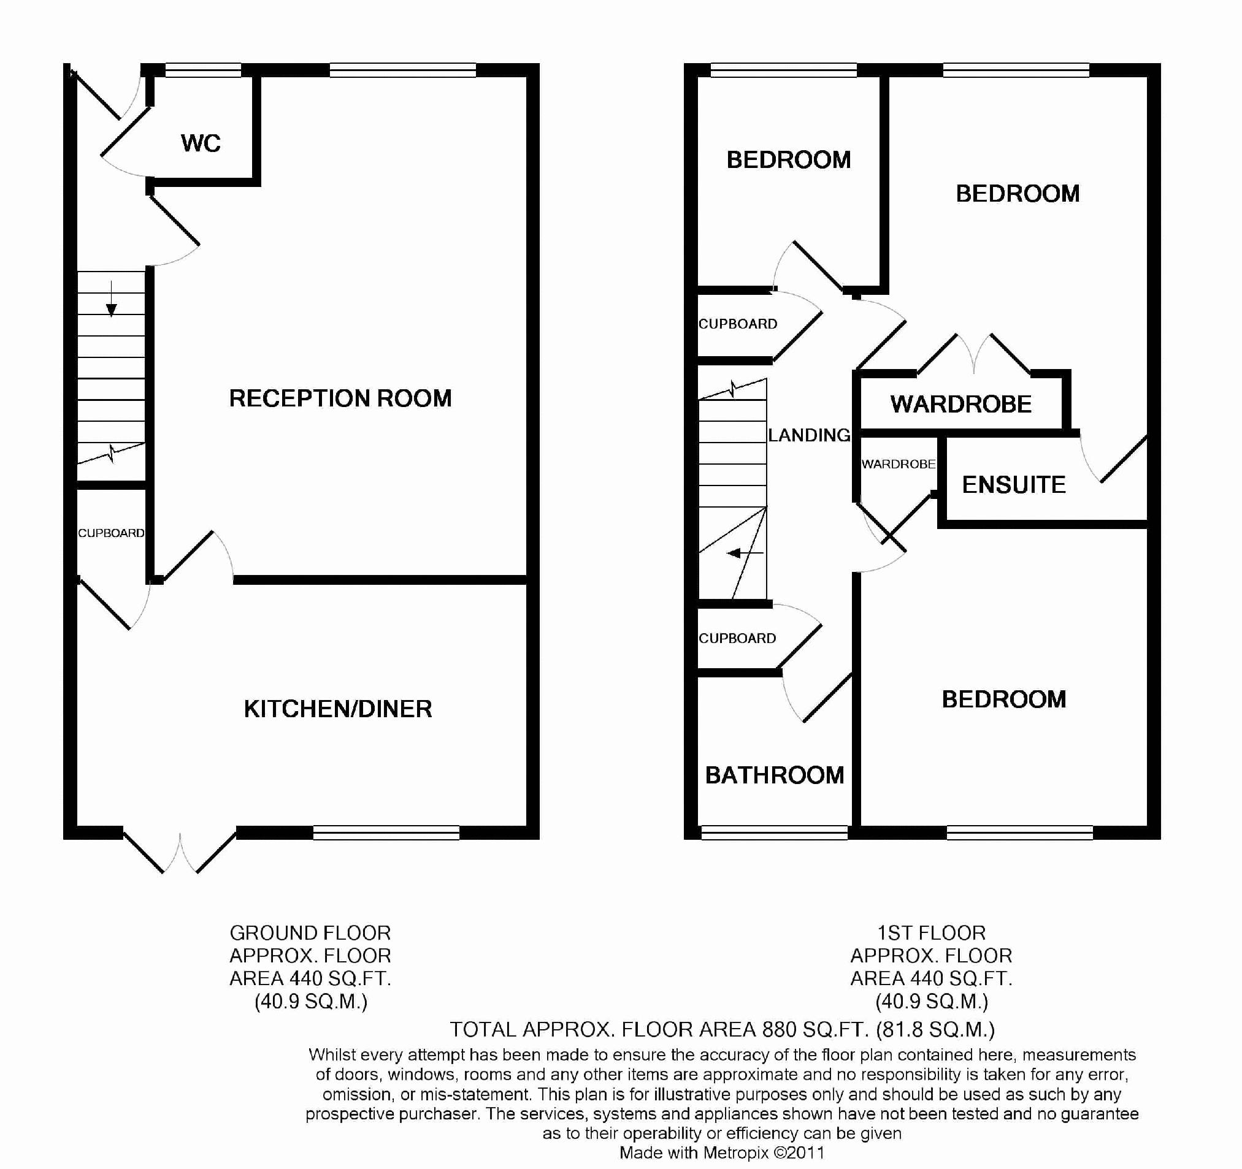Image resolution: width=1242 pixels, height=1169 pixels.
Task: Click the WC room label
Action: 201,143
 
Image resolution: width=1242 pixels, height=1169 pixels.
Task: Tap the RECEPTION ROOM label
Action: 340,398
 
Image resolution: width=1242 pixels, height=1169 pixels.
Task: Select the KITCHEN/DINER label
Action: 338,709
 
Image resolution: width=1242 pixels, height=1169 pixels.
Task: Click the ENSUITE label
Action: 1013,485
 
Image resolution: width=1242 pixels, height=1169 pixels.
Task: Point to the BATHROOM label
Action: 775,775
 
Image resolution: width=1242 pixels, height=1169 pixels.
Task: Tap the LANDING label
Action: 809,435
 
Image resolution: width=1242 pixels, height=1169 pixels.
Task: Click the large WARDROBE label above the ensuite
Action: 961,405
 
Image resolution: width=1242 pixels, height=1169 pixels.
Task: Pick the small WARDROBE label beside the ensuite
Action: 899,464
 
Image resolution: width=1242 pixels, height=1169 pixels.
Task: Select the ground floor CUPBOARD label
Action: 111,533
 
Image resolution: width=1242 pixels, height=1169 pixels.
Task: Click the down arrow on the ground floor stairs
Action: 111,299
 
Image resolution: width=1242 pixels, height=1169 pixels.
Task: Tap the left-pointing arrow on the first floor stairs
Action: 745,553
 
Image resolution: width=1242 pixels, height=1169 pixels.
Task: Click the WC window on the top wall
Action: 203,70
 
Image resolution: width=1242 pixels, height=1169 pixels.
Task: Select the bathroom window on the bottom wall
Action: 775,832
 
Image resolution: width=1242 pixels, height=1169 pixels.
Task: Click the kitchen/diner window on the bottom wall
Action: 386,832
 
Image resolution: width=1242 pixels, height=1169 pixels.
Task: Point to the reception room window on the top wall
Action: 403,70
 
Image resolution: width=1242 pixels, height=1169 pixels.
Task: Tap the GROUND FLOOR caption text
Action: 310,933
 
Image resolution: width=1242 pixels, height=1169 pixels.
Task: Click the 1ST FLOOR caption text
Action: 932,933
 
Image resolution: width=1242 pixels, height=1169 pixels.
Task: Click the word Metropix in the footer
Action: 736,1153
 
